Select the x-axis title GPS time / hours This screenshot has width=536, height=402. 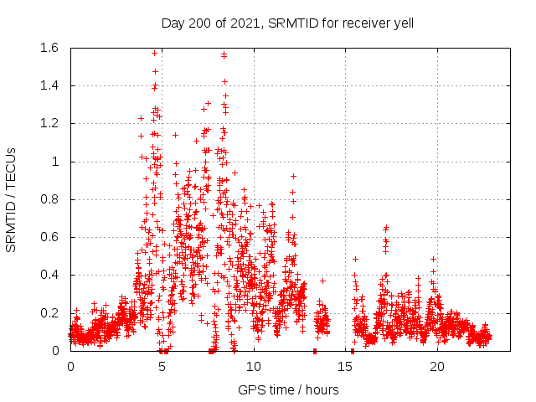pos(288,389)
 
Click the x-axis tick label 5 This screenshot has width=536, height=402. pos(162,367)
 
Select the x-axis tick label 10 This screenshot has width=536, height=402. pos(254,367)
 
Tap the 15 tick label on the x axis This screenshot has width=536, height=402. pos(346,367)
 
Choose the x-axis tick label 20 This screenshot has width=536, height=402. pos(437,367)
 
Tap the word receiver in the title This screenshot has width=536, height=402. pos(362,23)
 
